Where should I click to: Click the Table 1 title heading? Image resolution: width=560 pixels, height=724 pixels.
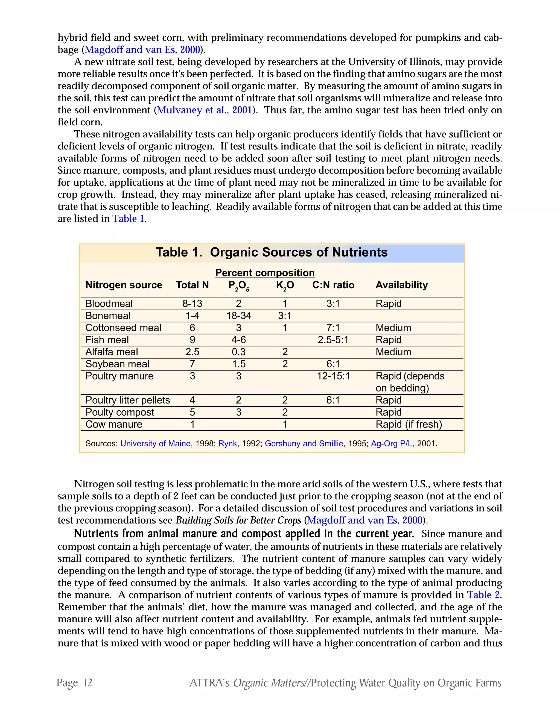271,252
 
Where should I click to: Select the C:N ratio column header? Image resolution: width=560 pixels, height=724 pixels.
333,285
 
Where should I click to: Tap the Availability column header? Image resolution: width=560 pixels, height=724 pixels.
401,285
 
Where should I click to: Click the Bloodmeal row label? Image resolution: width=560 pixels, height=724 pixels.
109,304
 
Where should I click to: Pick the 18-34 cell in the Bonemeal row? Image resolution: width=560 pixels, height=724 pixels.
238,316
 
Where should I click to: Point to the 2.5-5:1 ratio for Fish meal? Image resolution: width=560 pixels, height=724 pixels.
333,340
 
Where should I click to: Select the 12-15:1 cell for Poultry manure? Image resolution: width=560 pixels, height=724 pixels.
333,376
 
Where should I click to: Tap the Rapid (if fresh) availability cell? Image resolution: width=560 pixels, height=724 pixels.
409,424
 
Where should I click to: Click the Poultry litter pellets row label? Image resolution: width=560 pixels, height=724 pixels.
127,400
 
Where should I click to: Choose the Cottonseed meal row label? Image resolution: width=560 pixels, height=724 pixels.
123,328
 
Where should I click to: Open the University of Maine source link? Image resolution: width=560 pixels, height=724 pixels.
155,443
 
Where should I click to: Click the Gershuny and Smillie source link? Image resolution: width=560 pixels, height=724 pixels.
304,443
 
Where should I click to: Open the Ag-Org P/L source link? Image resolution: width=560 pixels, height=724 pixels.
392,443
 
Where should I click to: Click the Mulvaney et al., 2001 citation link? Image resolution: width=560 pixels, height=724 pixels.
204,110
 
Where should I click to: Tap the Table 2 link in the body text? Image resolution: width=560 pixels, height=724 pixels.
483,595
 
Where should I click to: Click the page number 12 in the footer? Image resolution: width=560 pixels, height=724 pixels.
88,683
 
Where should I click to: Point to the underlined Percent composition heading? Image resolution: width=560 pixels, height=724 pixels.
265,273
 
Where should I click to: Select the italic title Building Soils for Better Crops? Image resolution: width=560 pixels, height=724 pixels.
238,520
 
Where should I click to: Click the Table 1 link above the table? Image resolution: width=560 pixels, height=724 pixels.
129,219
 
